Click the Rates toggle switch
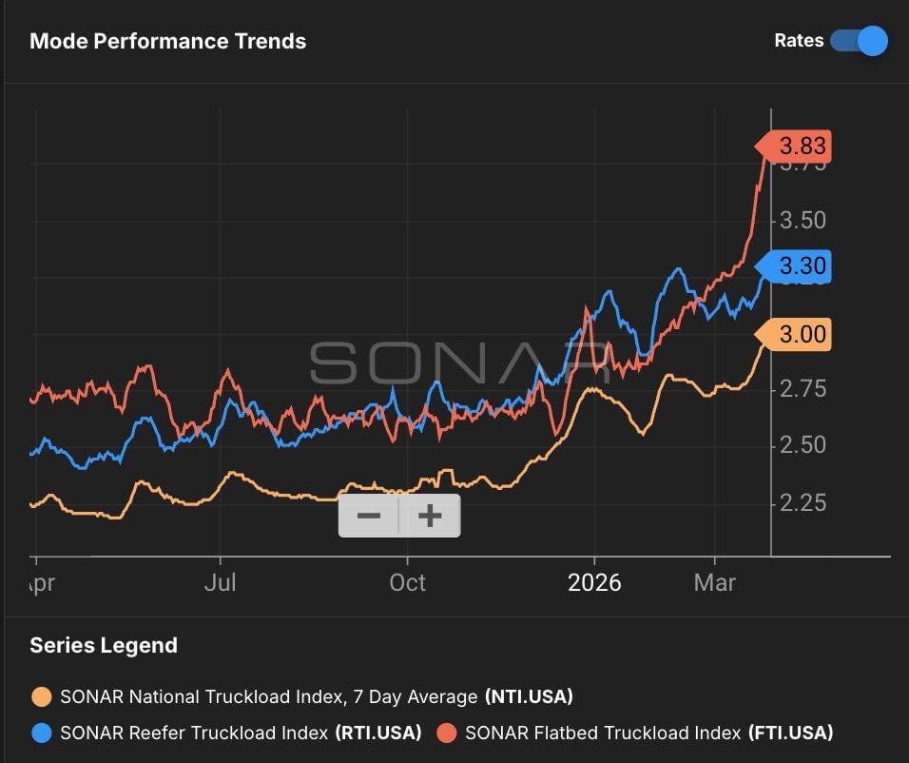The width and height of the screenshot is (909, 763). coord(859,41)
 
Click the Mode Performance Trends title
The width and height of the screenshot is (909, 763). coord(168,42)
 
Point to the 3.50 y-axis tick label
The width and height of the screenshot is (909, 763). coord(803,221)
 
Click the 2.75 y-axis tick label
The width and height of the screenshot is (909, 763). coord(803,388)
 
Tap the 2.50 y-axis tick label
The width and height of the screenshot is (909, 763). coord(803,445)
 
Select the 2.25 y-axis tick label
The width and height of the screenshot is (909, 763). coord(803,502)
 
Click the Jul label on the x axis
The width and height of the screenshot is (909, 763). coord(221,582)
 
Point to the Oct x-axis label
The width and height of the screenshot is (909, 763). coord(407,582)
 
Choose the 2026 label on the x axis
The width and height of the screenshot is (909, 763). coord(594,582)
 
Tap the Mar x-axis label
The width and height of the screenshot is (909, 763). coord(715,582)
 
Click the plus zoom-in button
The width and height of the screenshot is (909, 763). coord(431,516)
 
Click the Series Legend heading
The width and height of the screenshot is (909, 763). coord(104,645)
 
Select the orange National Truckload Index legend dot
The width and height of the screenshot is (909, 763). coord(41,696)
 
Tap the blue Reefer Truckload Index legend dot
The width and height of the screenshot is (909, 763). coord(41,733)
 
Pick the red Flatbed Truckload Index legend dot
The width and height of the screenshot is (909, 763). coord(447,733)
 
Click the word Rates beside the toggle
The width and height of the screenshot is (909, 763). coord(799,41)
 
